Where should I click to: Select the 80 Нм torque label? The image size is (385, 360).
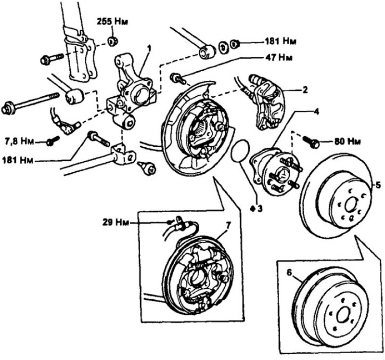click(x=347, y=142)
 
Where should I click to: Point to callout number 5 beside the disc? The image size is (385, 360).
click(x=378, y=184)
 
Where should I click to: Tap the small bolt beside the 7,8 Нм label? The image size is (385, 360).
click(x=52, y=141)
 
